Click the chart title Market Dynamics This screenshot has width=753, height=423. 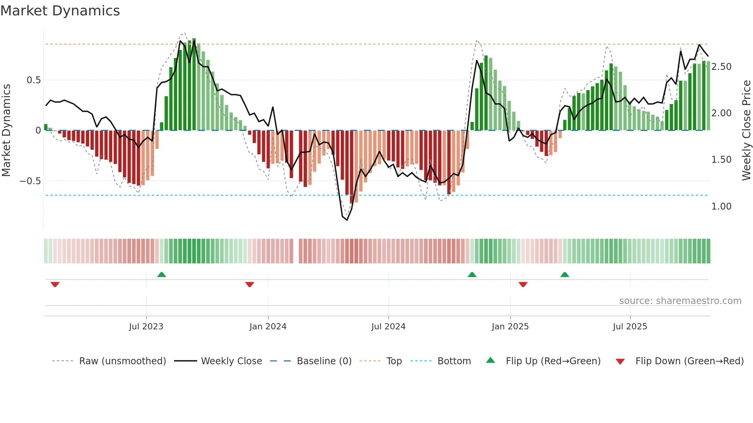pos(60,11)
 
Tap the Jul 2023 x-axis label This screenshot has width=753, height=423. pos(146,327)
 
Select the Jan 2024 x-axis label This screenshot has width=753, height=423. pos(268,327)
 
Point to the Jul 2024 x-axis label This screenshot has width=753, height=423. pos(388,327)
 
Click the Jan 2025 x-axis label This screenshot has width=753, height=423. pos(510,327)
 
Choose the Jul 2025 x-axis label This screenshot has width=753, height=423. pos(630,327)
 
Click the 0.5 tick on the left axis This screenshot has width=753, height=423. pos(33,80)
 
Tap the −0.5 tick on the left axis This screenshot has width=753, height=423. pos(30,181)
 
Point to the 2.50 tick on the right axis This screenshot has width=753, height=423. pos(721,67)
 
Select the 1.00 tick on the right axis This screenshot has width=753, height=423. pos(721,207)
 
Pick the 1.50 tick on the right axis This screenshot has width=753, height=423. pos(721,160)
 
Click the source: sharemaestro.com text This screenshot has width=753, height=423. pos(680,301)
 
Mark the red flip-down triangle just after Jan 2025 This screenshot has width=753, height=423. pos(523,284)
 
